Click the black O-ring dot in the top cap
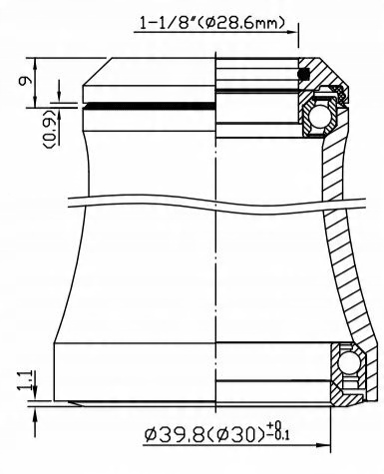305,74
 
